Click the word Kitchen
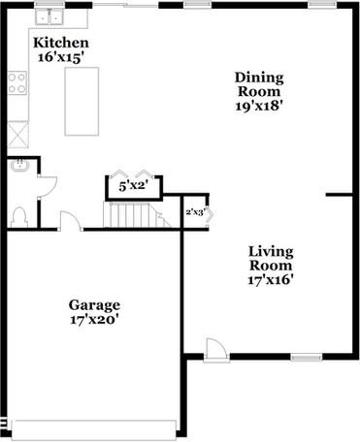[x=61, y=44]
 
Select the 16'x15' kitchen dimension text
[x=61, y=58]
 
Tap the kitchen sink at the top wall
[x=46, y=16]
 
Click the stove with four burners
[x=17, y=84]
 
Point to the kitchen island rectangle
[x=82, y=102]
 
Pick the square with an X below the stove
[x=17, y=132]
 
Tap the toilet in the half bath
[x=16, y=216]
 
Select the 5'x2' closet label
[x=133, y=185]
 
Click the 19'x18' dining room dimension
[x=259, y=107]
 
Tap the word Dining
[x=259, y=77]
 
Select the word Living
[x=270, y=250]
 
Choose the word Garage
[x=93, y=302]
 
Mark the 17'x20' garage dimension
[x=93, y=318]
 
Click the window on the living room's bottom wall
[x=306, y=358]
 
